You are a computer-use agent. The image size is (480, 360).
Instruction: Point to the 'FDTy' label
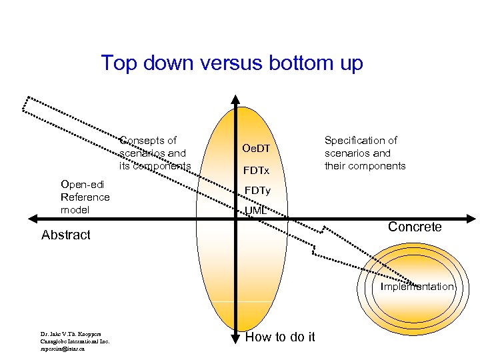[256, 191]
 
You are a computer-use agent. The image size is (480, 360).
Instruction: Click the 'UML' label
[255, 211]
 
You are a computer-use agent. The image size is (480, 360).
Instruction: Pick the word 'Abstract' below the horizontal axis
[65, 235]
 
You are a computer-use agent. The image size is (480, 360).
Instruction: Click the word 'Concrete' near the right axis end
[415, 227]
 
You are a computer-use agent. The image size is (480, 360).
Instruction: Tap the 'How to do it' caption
[280, 337]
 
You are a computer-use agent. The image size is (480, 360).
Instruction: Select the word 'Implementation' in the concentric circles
[417, 287]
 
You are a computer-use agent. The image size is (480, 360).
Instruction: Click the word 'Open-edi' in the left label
[81, 184]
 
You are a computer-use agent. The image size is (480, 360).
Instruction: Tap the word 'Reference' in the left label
[85, 197]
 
